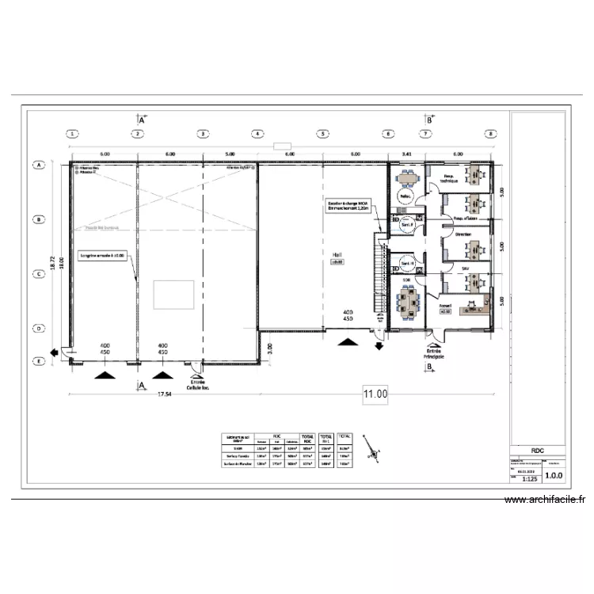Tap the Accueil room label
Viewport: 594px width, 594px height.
pyautogui.click(x=445, y=305)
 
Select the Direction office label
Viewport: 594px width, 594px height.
pyautogui.click(x=463, y=235)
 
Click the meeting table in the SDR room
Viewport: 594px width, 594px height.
pyautogui.click(x=409, y=300)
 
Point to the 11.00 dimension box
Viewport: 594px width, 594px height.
pyautogui.click(x=375, y=394)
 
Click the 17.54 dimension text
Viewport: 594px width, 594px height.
pyautogui.click(x=165, y=394)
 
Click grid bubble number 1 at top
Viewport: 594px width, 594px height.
pyautogui.click(x=72, y=134)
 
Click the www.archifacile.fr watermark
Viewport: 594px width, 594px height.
pyautogui.click(x=546, y=500)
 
